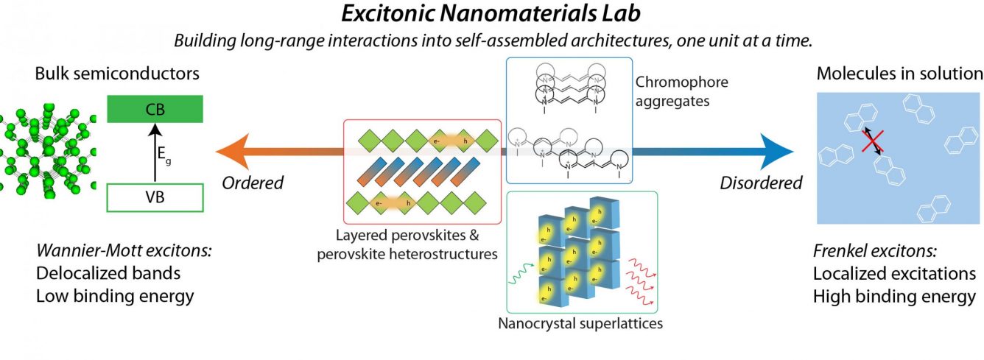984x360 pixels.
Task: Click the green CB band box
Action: [x=155, y=109]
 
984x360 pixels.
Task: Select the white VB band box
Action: [x=155, y=197]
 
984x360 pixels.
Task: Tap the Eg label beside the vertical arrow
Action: [x=164, y=155]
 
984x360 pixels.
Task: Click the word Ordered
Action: [x=253, y=183]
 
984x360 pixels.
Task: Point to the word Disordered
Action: [x=761, y=183]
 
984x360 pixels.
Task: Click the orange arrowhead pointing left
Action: [x=233, y=152]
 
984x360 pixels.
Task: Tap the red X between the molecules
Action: [x=873, y=141]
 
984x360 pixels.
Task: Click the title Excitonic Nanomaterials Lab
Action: [x=491, y=13]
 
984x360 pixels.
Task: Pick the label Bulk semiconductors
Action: [x=117, y=74]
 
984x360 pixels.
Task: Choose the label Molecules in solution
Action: [x=899, y=74]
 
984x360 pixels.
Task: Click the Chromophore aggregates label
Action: [x=682, y=91]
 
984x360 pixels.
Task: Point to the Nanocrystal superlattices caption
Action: [x=580, y=324]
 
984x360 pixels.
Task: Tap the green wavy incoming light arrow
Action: [x=521, y=274]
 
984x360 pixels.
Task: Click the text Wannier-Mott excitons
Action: [x=124, y=251]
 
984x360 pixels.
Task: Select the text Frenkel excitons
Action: [x=874, y=251]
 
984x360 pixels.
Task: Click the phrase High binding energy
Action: [x=894, y=297]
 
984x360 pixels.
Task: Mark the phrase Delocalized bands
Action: [x=108, y=273]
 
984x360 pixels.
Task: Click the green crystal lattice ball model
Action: [x=47, y=149]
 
